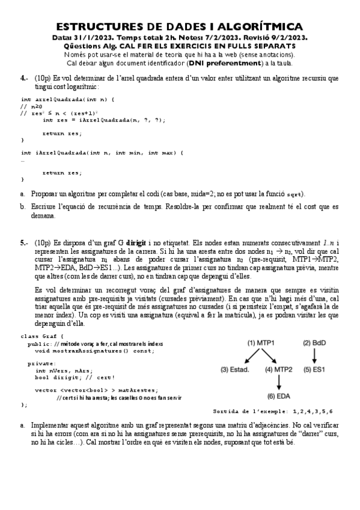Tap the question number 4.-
[x=24, y=78]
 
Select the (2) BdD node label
[x=315, y=343]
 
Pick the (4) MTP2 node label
[x=278, y=369]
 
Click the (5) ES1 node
[x=314, y=369]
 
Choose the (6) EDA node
[x=279, y=396]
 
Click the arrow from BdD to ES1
[x=315, y=356]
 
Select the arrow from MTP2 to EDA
[x=279, y=382]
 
